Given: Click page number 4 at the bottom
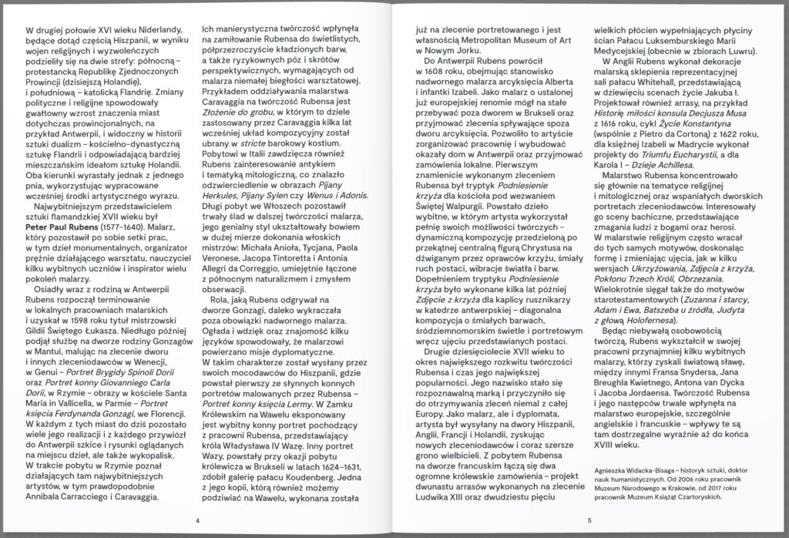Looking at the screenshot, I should (197, 520).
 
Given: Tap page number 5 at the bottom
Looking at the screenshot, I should (588, 520).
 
